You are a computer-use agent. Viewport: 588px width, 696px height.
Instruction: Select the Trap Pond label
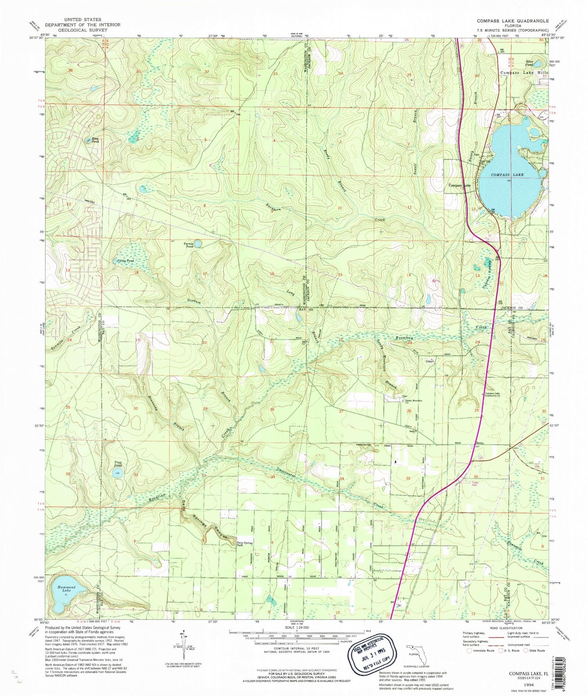click(x=118, y=464)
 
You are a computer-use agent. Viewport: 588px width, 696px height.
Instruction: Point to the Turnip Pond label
click(x=189, y=245)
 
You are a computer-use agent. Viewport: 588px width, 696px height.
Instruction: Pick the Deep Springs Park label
click(x=245, y=544)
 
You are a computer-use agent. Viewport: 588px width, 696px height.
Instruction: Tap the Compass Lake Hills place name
click(x=523, y=73)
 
